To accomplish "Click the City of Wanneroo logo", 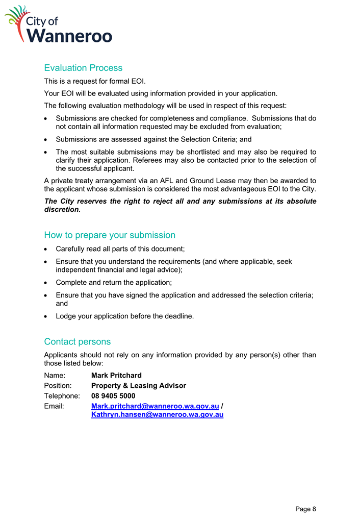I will coord(59,24).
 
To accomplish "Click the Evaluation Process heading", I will coord(83,68).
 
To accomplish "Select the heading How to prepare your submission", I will coord(110,235).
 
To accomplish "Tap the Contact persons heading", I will coord(77,341).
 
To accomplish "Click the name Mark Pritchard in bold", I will coord(116,376).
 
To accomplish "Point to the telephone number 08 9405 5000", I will coord(113,396).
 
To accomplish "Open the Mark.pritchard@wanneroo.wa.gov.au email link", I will coord(155,406).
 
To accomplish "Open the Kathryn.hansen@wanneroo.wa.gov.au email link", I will coord(157,415).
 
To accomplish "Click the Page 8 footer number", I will coord(306,509).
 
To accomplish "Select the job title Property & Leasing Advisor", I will coord(138,386).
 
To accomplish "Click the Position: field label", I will coord(58,386).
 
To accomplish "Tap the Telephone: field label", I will coord(62,396).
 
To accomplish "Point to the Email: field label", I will coord(54,406).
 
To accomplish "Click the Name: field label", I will coord(55,376).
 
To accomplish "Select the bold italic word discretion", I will coord(62,209).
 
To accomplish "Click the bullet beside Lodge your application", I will coord(47,316).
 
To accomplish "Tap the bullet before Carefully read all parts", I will coord(47,249).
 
